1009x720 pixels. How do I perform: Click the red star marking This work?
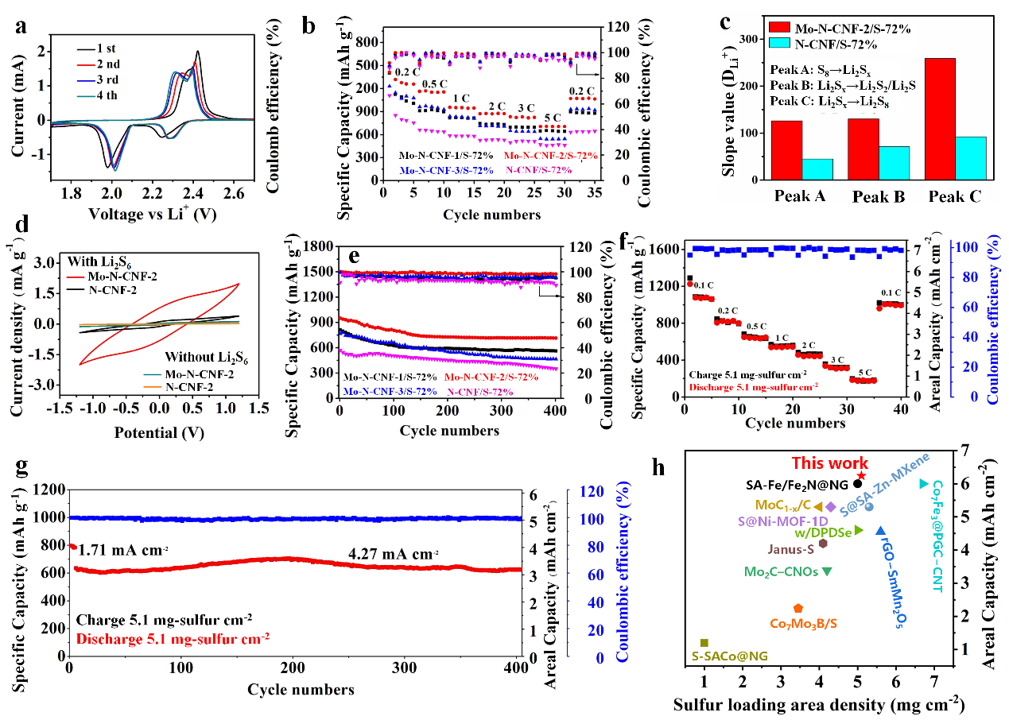[861, 475]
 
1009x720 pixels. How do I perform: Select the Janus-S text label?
[790, 548]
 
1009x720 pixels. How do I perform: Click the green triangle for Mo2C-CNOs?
[827, 571]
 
